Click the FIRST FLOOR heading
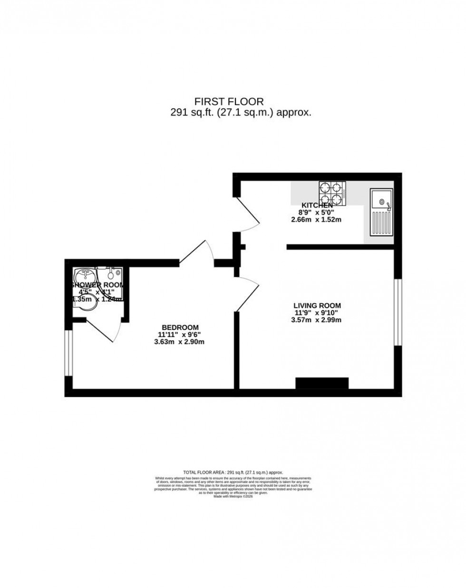[x=229, y=101]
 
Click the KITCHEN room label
[x=316, y=205]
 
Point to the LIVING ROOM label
[x=317, y=306]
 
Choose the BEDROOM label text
[x=180, y=327]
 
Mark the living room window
[x=398, y=311]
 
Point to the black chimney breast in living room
[x=322, y=383]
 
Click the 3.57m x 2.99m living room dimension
[x=317, y=320]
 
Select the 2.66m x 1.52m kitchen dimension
[x=316, y=220]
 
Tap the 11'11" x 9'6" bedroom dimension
[x=180, y=334]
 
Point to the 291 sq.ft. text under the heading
[x=241, y=113]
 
